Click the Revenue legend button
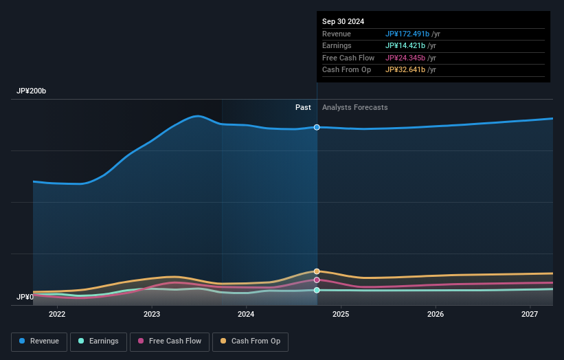(x=40, y=341)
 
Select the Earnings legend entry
(x=98, y=341)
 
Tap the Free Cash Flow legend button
(x=170, y=341)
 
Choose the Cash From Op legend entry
(x=250, y=341)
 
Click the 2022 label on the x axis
(x=57, y=315)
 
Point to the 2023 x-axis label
(x=152, y=315)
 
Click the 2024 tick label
(x=246, y=315)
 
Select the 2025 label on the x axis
(x=341, y=315)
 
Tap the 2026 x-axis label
(x=436, y=315)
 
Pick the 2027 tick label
(x=530, y=315)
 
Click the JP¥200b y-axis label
(x=32, y=91)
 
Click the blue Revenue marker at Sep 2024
(x=317, y=127)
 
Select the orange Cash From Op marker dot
(x=317, y=271)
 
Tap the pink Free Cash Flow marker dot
(x=317, y=280)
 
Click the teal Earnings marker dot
(x=317, y=290)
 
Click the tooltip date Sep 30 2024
(x=343, y=21)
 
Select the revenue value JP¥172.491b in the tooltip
(x=407, y=34)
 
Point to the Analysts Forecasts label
(x=354, y=108)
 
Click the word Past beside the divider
(x=303, y=108)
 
